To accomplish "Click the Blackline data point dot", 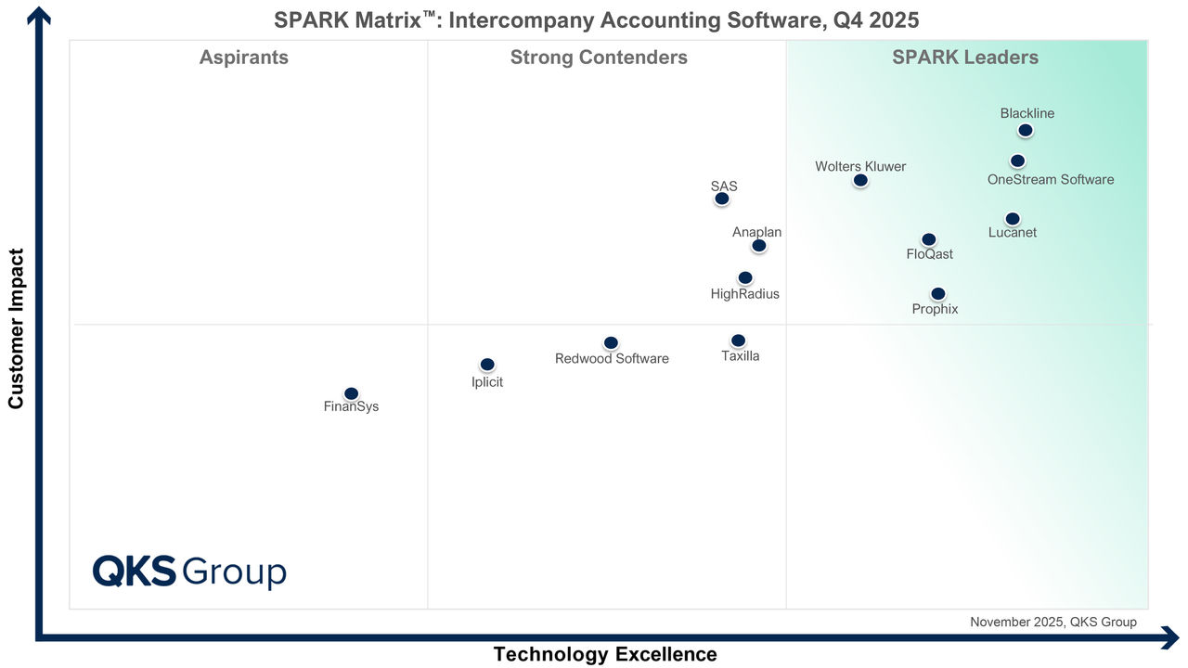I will tap(1025, 131).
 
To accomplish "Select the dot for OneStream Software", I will tap(1017, 161).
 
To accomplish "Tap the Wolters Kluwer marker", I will tap(860, 180).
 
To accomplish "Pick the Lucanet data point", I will tap(1012, 219).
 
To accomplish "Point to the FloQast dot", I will tap(928, 239).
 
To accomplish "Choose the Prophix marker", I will tap(937, 294).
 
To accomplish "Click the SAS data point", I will tap(721, 199).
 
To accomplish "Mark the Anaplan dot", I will tap(758, 246).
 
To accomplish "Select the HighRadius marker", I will tap(744, 277).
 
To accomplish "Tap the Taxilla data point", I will tap(738, 340).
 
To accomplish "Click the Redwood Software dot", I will tap(610, 343).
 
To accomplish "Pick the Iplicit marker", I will tap(487, 365).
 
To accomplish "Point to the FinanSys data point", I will tap(351, 393).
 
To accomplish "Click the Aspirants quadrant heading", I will tap(244, 58).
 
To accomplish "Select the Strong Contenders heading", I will tap(599, 58).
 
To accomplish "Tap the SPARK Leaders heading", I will tap(965, 58).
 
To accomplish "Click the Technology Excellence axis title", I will tap(605, 654).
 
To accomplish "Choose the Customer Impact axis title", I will tap(16, 328).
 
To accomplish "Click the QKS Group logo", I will tap(189, 572).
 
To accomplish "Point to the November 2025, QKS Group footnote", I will tap(1052, 622).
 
